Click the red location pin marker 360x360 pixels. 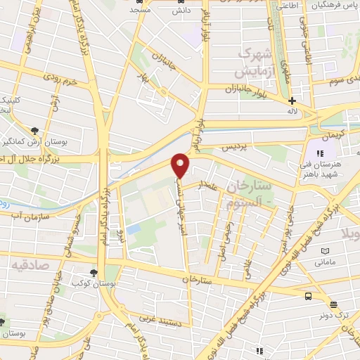180,165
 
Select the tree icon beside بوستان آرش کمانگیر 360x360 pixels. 34,130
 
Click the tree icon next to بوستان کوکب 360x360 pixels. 94,273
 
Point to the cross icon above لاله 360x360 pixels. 292,101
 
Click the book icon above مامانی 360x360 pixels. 325,251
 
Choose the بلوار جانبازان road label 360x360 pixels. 246,89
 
